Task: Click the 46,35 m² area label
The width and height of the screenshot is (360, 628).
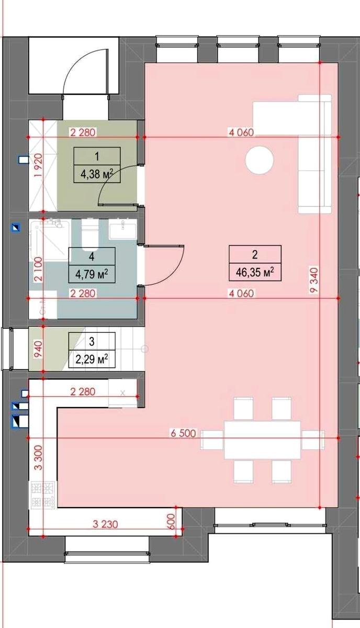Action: [255, 272]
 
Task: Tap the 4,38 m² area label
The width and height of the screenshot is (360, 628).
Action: [97, 174]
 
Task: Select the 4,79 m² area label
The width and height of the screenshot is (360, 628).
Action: [92, 274]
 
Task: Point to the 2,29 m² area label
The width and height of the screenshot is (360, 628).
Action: [92, 359]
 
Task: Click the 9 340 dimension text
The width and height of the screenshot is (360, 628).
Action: [314, 281]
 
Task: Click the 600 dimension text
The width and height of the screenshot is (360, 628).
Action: [171, 521]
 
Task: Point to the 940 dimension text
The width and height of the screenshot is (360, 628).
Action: [38, 349]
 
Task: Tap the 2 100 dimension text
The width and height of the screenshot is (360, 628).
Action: [38, 270]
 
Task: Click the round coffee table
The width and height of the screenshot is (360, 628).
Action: [259, 161]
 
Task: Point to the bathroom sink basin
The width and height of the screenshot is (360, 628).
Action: [122, 229]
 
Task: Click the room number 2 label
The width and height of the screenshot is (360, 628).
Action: [255, 254]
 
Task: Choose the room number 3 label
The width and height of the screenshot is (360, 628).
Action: [92, 341]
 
